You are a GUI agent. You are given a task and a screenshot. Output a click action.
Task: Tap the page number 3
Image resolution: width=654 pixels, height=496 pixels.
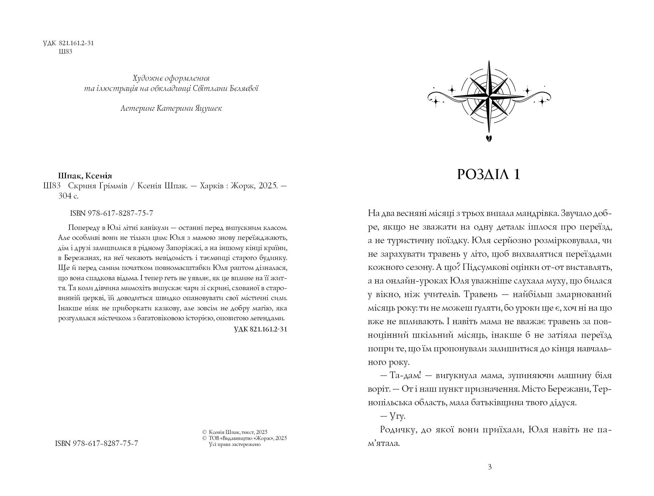pyautogui.click(x=490, y=467)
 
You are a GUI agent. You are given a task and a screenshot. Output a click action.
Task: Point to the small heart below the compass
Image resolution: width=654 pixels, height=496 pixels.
pyautogui.click(x=489, y=138)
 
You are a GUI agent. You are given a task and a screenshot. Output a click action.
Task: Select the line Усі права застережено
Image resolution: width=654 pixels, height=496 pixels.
pyautogui.click(x=234, y=444)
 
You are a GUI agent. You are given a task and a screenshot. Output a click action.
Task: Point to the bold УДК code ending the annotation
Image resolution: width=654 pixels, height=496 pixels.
pyautogui.click(x=260, y=329)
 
